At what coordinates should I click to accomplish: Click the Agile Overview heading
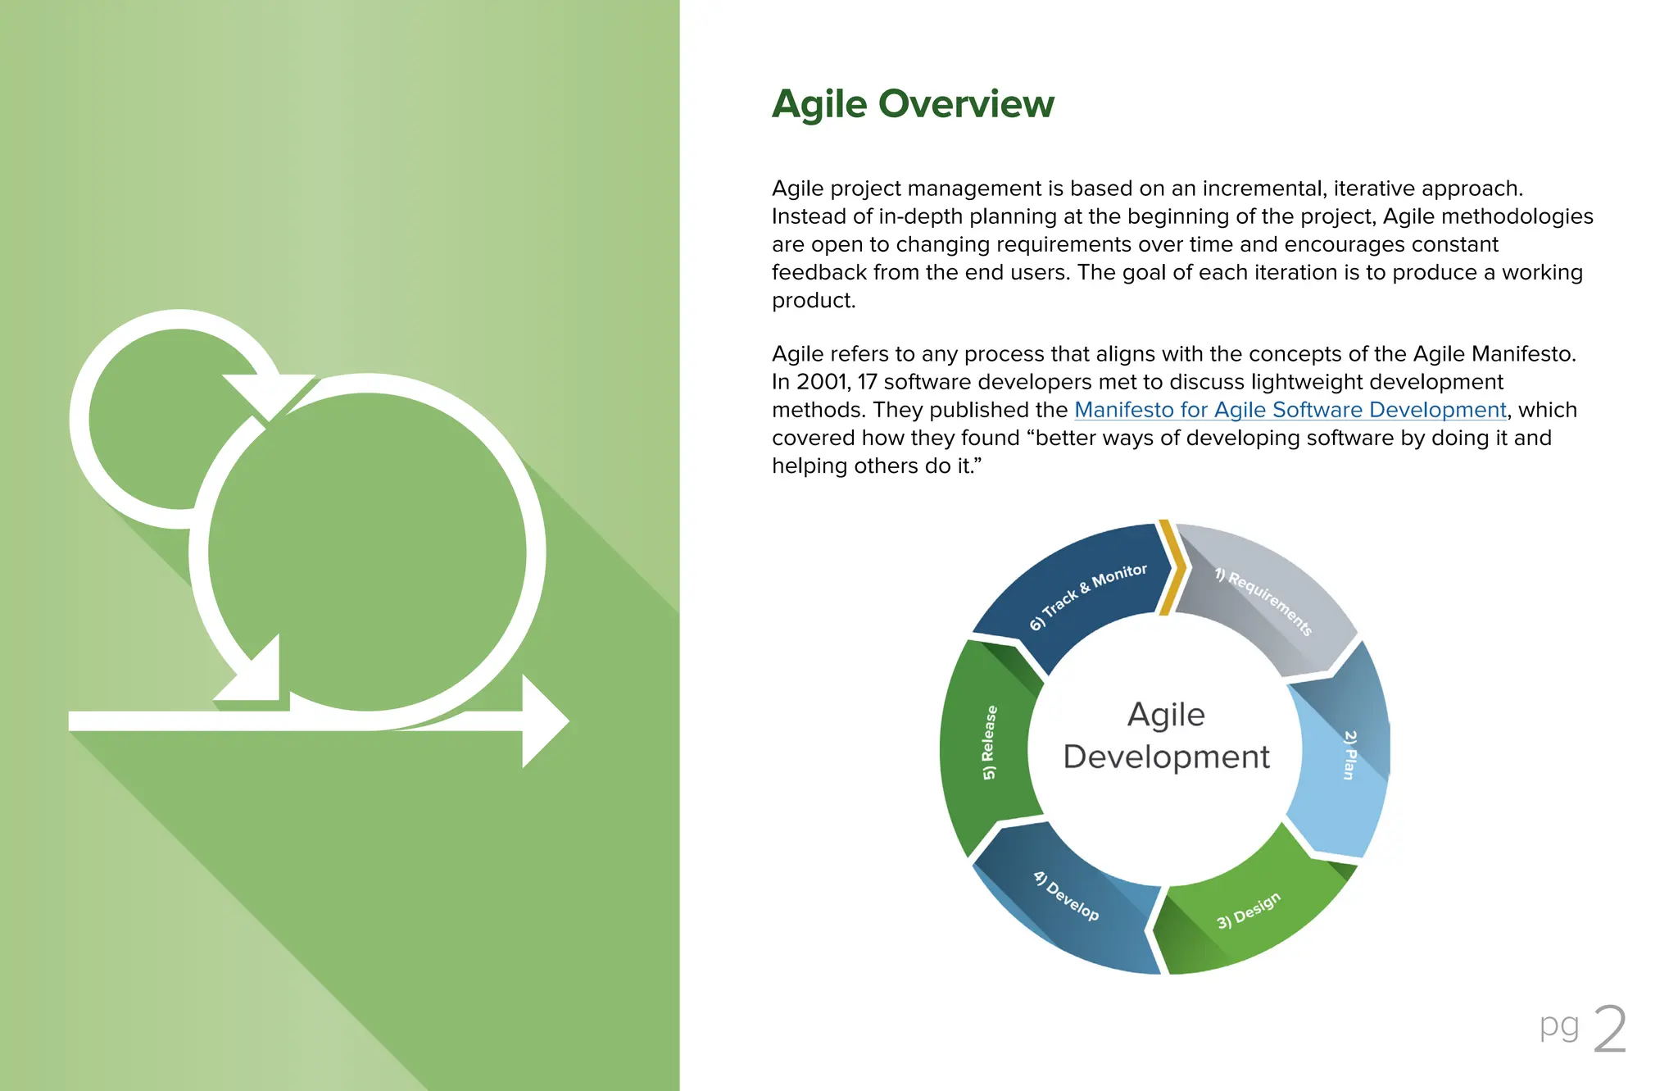coord(913,104)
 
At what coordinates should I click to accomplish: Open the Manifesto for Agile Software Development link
coord(1290,410)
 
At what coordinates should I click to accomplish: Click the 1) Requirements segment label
coord(1263,601)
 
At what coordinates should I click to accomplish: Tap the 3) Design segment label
coord(1248,911)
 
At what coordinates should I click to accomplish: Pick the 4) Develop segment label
coord(1065,896)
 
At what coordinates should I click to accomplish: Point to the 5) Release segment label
coord(990,742)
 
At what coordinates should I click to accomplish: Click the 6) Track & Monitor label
coord(1088,596)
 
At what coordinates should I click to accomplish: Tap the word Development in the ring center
coord(1166,757)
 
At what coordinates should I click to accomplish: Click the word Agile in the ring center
coord(1166,715)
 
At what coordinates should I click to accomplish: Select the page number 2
coord(1609,1030)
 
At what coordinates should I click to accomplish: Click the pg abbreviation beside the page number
coord(1558,1025)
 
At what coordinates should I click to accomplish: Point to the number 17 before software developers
coord(867,382)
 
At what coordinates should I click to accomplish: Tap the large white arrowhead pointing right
coord(543,721)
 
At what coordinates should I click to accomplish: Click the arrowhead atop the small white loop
coord(266,393)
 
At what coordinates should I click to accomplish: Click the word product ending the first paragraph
coord(813,301)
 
